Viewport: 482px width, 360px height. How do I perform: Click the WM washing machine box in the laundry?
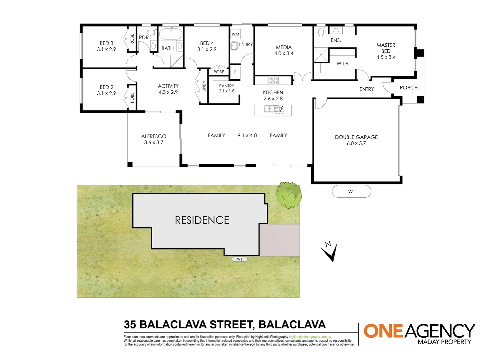(x=236, y=34)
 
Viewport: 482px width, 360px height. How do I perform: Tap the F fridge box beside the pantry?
(x=236, y=72)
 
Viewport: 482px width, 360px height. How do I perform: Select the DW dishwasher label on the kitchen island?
(x=282, y=109)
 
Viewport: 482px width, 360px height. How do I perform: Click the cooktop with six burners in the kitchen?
(x=273, y=80)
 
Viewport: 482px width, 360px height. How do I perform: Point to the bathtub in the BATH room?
(x=171, y=34)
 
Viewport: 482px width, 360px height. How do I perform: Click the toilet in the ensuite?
(x=321, y=32)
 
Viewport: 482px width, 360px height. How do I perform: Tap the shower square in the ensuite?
(x=321, y=55)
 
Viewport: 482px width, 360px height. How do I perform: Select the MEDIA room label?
(x=284, y=47)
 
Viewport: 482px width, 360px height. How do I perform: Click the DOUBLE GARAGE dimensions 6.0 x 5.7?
(x=356, y=143)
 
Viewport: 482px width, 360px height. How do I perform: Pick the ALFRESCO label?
(x=154, y=136)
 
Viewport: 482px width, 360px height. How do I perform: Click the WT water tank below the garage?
(x=351, y=192)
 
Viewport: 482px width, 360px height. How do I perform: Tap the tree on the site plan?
(x=288, y=195)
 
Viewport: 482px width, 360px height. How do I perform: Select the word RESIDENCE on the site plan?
(x=202, y=220)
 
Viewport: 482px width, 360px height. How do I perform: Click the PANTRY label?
(x=227, y=86)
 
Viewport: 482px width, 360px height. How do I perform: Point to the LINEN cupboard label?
(x=204, y=86)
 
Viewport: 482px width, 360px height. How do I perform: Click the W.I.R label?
(x=342, y=64)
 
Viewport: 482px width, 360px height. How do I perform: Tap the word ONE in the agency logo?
(x=383, y=331)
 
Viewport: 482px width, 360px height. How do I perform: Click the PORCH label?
(x=409, y=88)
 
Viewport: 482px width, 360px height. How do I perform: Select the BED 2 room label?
(x=107, y=87)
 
